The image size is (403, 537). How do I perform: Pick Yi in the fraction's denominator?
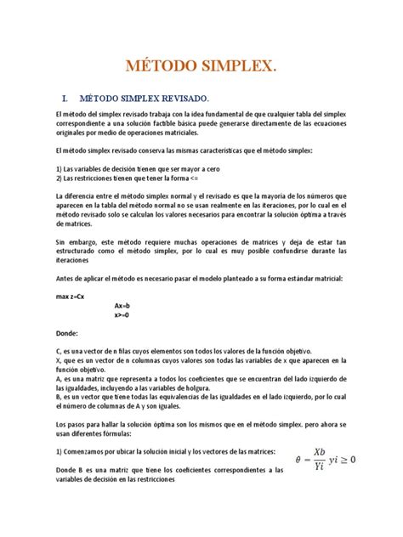coord(318,467)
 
